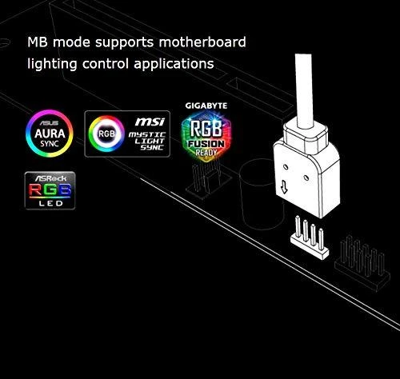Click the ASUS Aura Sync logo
50,134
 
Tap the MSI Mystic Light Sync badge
127,134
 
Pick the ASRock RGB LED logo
50,190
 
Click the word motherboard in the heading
202,42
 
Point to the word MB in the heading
38,42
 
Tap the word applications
174,64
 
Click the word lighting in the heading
52,64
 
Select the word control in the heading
106,64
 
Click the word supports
125,43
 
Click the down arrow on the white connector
284,187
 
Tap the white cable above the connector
304,91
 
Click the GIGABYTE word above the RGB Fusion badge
206,106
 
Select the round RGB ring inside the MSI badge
106,134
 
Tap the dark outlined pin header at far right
362,263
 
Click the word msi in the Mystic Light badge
150,122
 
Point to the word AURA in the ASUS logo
50,134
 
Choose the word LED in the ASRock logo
50,204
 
